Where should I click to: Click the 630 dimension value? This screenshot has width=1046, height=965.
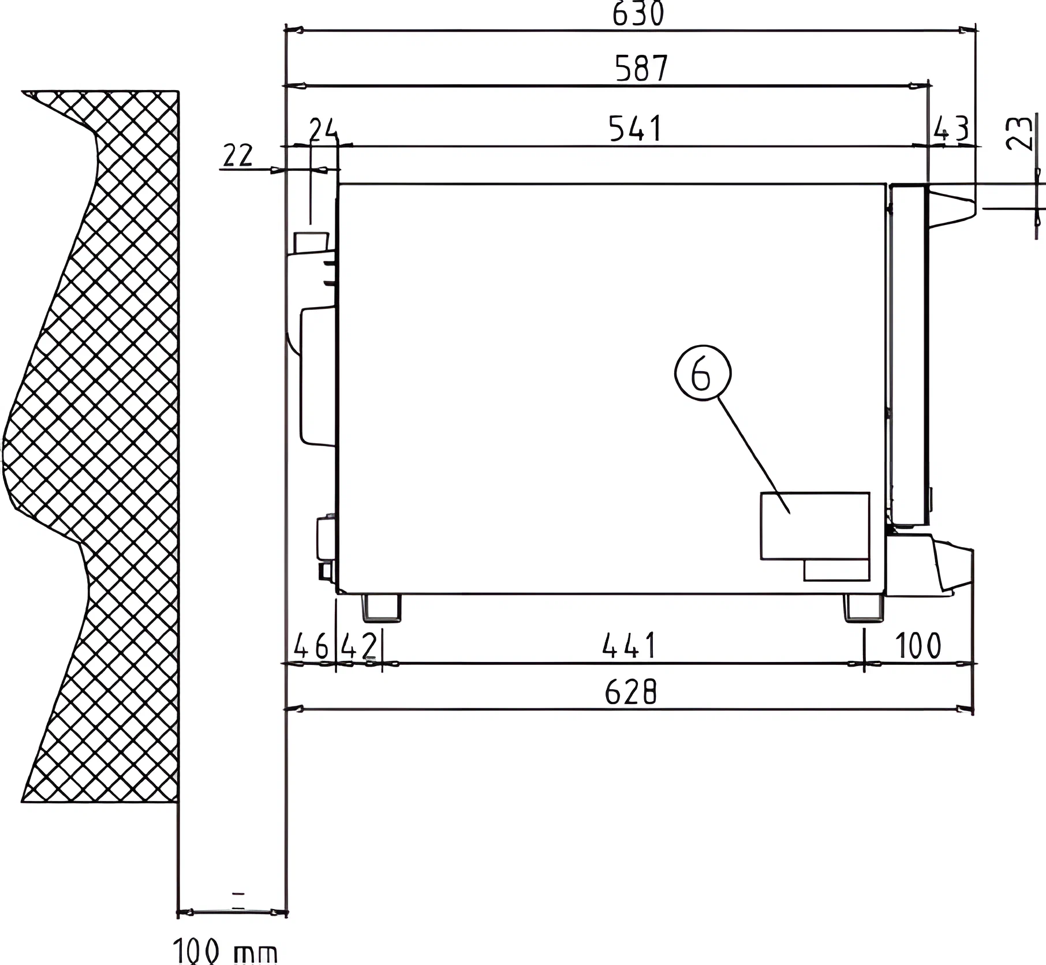638,14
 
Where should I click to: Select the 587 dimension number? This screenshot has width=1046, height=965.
641,68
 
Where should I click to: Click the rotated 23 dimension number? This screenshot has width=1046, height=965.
1018,133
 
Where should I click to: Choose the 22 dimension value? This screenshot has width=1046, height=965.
238,156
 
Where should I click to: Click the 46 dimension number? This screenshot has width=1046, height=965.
311,646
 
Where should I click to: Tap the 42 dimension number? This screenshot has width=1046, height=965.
358,646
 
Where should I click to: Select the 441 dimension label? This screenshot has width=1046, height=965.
629,645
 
